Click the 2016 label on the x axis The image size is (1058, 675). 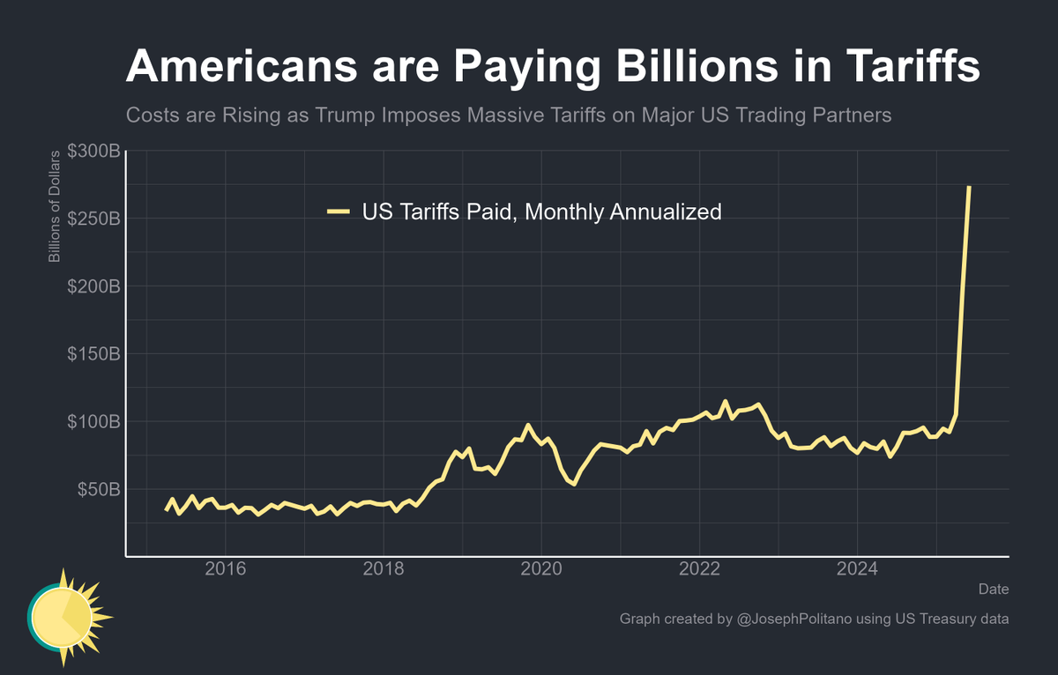coord(225,568)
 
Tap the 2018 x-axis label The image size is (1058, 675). coord(384,568)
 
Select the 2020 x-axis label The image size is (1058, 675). coord(541,568)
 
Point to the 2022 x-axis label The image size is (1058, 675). coord(700,568)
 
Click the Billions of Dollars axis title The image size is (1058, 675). coord(55,207)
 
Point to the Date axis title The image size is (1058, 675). coord(994,589)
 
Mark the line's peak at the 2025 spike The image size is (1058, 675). coord(969,187)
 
